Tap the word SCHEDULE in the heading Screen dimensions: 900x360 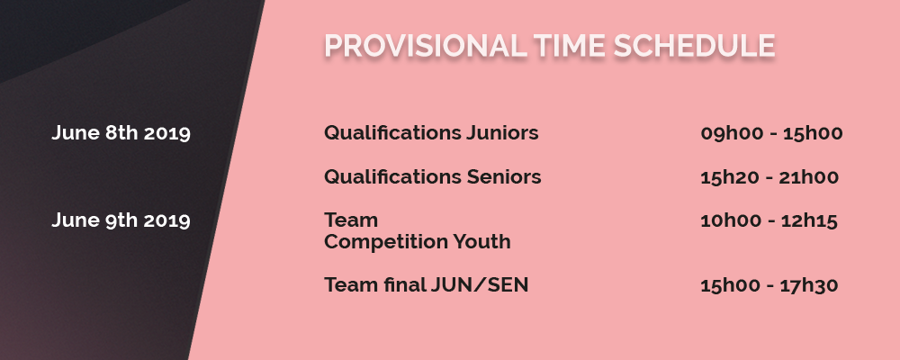695,46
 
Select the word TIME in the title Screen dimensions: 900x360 570,46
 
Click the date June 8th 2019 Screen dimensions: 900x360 121,133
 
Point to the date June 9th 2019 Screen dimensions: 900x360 121,220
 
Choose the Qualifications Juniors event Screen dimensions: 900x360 432,133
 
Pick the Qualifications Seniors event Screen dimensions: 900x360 433,176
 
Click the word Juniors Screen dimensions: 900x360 502,133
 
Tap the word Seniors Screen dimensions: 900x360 504,176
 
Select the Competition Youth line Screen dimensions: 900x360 418,242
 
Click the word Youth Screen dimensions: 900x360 482,242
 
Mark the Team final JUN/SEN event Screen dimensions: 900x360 427,284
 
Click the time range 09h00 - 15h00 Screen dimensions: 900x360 771,133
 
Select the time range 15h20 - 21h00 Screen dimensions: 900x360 769,176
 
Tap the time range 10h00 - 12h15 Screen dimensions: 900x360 769,220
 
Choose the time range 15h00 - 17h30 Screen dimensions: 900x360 769,284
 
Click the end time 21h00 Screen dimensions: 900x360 809,176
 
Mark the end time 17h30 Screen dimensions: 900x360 809,284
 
